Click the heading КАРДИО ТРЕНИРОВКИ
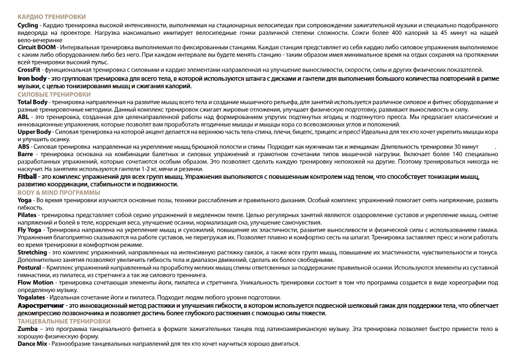click(x=51, y=18)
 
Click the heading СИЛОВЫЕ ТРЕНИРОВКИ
click(x=54, y=94)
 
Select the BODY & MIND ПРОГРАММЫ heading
click(x=59, y=192)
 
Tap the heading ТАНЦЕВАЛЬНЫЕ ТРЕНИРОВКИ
click(x=64, y=321)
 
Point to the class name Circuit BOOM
click(x=37, y=46)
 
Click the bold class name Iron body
click(x=32, y=78)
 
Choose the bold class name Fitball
click(x=27, y=176)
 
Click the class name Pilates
click(x=27, y=215)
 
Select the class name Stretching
click(x=33, y=253)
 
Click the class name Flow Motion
click(x=34, y=282)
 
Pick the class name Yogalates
click(x=31, y=297)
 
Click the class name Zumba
click(x=28, y=329)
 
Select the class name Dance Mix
click(x=32, y=344)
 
